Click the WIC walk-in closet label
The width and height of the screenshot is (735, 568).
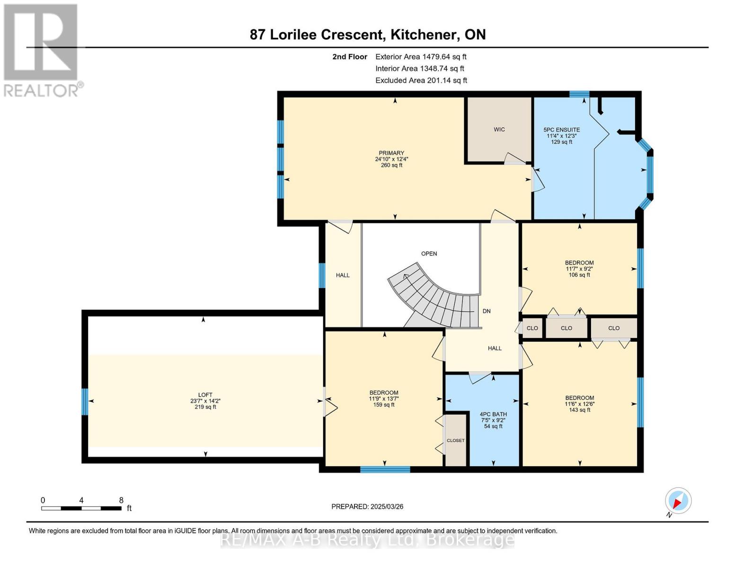tap(499, 129)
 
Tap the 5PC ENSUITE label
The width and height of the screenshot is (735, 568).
tap(561, 130)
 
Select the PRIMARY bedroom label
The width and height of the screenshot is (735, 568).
tap(391, 153)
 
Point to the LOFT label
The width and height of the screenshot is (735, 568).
tap(205, 395)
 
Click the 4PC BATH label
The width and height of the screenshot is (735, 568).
tap(493, 414)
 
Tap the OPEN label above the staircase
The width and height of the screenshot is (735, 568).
tap(429, 254)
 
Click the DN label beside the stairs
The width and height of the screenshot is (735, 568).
tap(487, 311)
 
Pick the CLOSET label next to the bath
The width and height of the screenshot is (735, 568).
tap(456, 441)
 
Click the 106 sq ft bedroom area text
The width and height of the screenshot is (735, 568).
tap(579, 275)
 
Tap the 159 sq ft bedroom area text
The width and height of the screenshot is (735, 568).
tap(383, 405)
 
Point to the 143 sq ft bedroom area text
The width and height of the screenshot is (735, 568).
tap(579, 410)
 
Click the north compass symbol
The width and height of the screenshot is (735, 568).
tap(678, 501)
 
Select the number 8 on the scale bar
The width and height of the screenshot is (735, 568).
tap(121, 500)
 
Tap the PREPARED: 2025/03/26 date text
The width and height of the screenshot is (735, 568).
tap(367, 506)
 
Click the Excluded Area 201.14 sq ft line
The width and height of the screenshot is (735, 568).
tap(421, 80)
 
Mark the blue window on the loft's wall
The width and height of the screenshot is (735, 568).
tap(85, 401)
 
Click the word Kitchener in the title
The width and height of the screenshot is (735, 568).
tap(423, 35)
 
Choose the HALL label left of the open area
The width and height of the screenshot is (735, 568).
tap(343, 275)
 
